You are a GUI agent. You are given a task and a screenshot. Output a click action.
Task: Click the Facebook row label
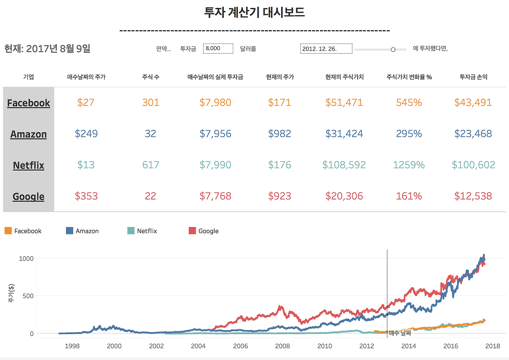coord(29,103)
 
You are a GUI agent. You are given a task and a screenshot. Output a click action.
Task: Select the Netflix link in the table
coord(29,165)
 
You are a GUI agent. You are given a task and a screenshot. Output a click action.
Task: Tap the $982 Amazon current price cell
coord(280,134)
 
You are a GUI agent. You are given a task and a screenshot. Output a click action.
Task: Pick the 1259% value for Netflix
coord(409,165)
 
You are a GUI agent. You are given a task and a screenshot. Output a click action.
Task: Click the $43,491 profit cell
coord(473,103)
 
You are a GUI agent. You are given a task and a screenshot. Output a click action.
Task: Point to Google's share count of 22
coord(150,196)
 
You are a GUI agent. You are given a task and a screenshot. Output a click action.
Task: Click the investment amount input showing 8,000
coord(218,49)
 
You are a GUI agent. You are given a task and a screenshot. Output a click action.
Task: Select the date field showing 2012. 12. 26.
coord(326,49)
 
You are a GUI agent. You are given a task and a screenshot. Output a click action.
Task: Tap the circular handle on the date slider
coord(393,50)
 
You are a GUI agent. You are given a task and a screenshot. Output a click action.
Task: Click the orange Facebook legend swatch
coord(8,231)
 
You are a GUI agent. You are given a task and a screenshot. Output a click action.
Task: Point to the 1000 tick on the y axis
coord(26,259)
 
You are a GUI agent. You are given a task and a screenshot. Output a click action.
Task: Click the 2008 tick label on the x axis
coord(282,346)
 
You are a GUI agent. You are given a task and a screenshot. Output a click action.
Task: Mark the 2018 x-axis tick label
coord(493,346)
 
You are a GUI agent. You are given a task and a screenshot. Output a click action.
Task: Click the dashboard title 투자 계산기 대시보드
coord(254,12)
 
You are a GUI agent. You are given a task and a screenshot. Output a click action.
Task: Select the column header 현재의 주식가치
coord(344,77)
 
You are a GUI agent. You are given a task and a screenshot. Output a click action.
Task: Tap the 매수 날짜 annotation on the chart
coord(400,333)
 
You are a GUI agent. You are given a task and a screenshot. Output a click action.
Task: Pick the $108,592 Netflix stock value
coord(344,165)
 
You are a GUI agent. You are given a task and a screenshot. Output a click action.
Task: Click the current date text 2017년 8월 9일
coord(58,49)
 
